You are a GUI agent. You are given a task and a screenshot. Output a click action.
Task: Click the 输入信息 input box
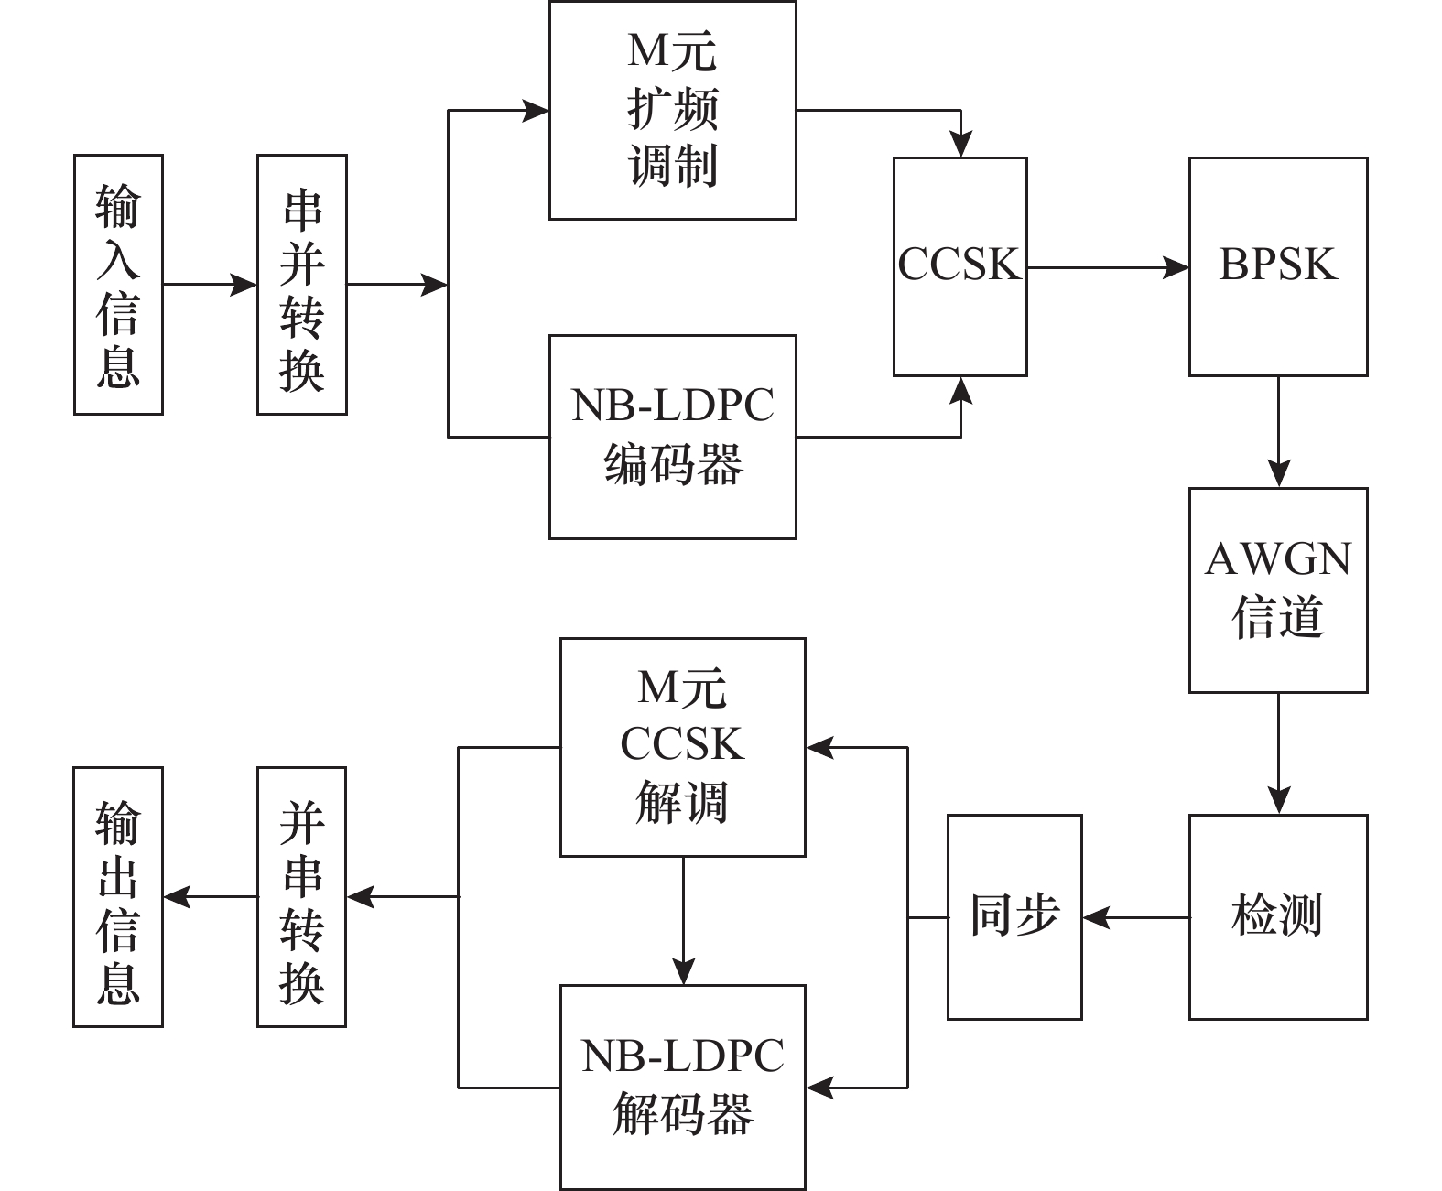(x=118, y=285)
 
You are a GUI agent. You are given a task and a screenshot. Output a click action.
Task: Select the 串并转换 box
(x=301, y=285)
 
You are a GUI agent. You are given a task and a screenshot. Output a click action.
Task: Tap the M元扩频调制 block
(x=672, y=110)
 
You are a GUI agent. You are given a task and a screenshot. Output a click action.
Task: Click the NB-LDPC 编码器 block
(x=672, y=437)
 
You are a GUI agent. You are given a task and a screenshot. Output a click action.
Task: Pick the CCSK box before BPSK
(x=960, y=266)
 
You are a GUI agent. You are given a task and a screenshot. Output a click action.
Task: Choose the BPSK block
(x=1278, y=266)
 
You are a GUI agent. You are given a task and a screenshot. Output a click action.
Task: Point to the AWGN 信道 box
(x=1278, y=590)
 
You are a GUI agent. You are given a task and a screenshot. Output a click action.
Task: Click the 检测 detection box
(x=1278, y=916)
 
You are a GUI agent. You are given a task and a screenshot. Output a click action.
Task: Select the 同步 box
(x=1014, y=916)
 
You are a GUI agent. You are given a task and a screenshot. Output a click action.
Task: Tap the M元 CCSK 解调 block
(x=682, y=747)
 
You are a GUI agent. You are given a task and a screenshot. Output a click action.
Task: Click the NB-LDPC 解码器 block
(x=682, y=1087)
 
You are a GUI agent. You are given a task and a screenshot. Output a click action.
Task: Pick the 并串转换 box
(x=301, y=897)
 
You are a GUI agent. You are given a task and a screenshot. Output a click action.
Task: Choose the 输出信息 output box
(x=118, y=897)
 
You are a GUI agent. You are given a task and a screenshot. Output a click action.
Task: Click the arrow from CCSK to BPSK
(x=1108, y=267)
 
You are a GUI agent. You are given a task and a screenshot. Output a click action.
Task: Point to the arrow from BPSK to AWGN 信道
(x=1278, y=431)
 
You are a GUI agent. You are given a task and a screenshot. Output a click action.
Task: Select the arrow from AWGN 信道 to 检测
(x=1278, y=752)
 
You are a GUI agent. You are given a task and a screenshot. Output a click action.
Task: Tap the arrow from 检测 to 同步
(x=1135, y=916)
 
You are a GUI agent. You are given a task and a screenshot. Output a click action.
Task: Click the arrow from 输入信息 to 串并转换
(x=210, y=285)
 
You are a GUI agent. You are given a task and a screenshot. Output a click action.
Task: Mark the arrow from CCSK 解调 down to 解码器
(x=683, y=920)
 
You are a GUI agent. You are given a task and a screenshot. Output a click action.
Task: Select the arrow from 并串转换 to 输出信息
(x=210, y=897)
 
